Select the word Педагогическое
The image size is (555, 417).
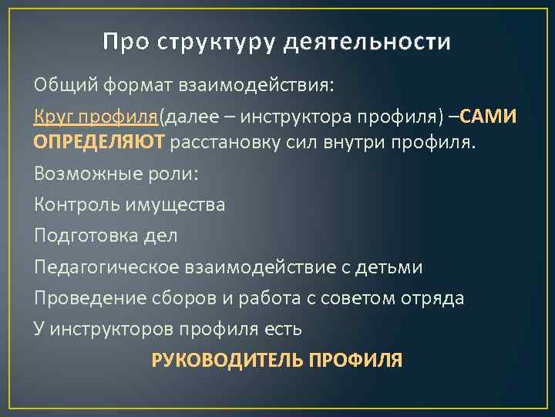coord(105,266)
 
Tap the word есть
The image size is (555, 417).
coord(281,328)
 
